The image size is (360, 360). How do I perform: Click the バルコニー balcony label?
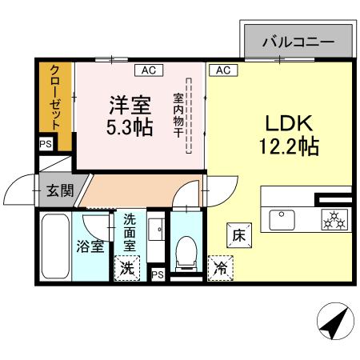coord(296,42)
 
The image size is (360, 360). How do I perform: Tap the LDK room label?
coord(289,124)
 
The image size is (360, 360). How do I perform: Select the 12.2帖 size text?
coord(289,147)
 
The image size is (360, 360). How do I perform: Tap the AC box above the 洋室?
coord(148,70)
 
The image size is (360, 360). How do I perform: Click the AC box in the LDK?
coord(223,70)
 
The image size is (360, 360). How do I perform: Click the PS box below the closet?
coord(45,145)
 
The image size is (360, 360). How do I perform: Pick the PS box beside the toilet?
coord(158,274)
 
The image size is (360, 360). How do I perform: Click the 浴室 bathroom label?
coord(90,246)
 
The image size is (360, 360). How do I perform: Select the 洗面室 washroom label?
coord(128,230)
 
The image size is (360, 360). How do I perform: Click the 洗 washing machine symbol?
coord(126,268)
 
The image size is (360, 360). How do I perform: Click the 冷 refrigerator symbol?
coord(218,268)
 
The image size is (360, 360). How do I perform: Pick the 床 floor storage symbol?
coord(238,235)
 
